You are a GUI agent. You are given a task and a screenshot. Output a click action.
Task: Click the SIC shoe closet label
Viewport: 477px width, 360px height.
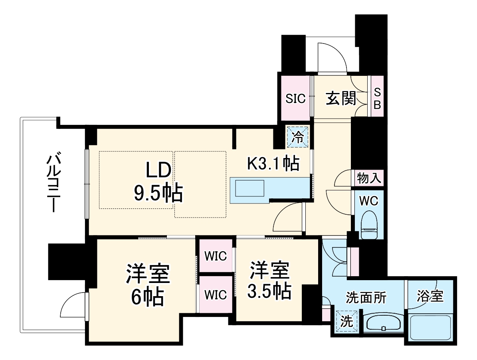point(295,98)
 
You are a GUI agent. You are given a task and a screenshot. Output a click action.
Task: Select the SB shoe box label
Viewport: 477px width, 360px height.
point(377,98)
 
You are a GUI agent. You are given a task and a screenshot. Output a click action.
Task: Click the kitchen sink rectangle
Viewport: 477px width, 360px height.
point(250,188)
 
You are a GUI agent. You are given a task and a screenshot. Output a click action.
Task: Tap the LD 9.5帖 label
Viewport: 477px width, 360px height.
point(158,182)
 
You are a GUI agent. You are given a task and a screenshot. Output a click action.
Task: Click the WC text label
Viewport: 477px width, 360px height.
point(369,201)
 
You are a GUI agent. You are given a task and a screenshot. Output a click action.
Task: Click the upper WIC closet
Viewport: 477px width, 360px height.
point(216,256)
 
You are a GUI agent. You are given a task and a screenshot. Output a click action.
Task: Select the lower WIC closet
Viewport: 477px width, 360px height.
point(216,295)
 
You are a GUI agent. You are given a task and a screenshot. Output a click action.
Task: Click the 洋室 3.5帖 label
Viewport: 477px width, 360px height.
point(269,281)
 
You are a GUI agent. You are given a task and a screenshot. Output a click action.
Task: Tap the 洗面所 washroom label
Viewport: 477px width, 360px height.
point(366,297)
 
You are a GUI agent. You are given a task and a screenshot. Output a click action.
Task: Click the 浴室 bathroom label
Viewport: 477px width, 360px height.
point(430,296)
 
